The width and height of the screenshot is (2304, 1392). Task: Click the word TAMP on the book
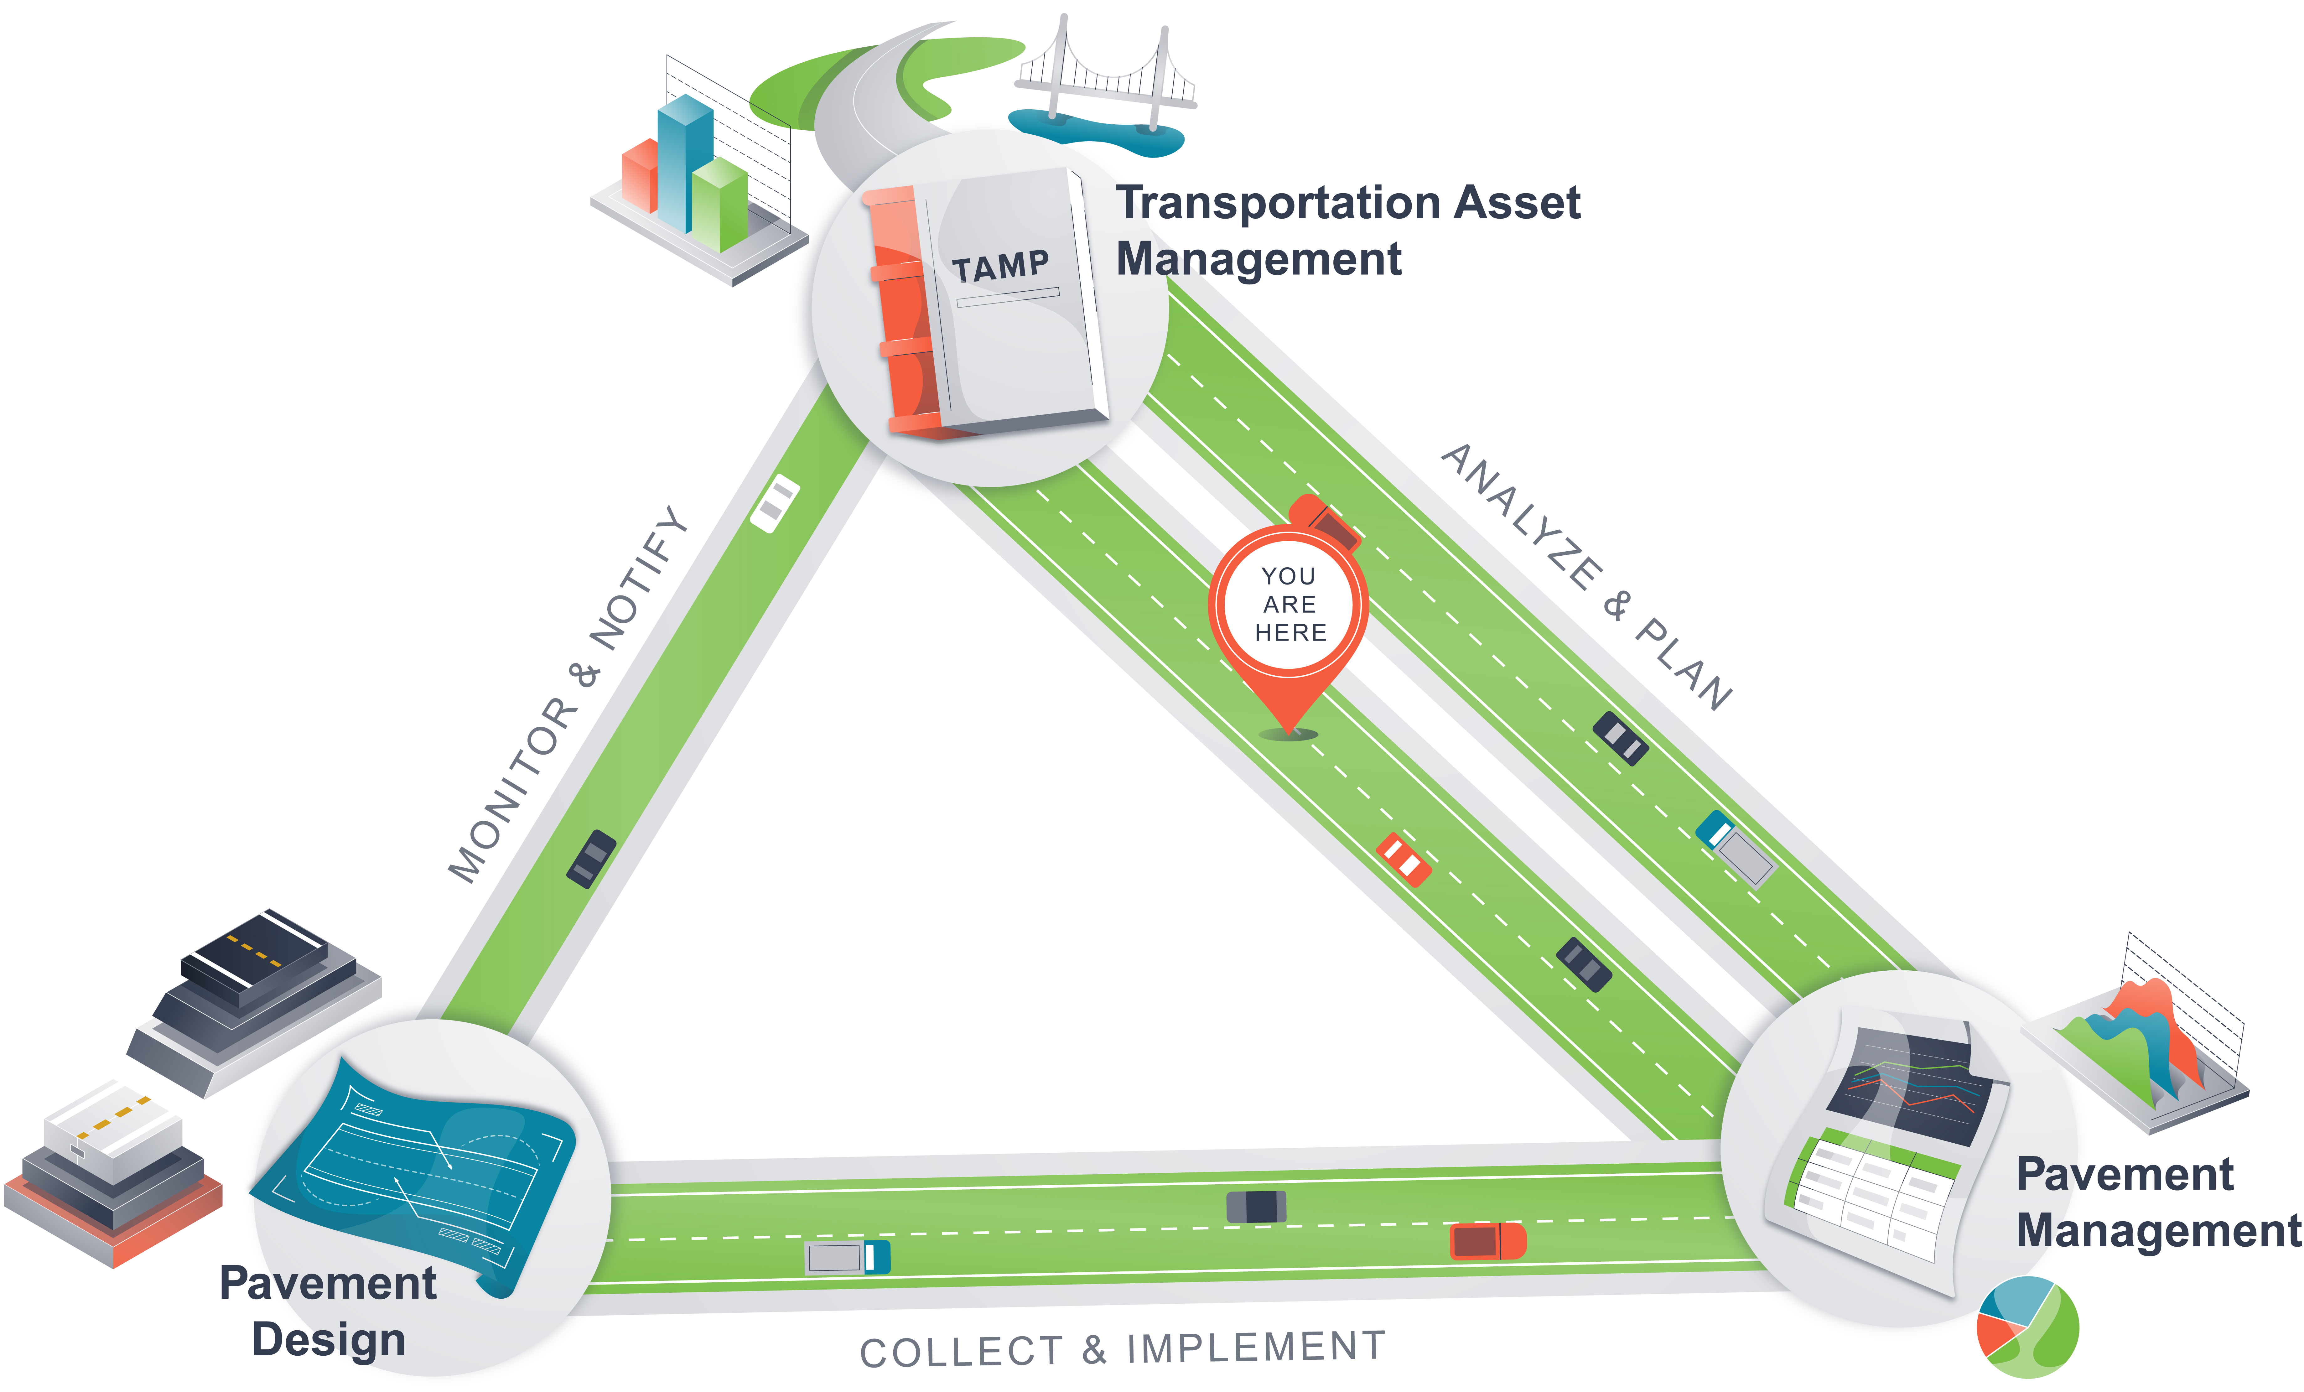tap(1000, 267)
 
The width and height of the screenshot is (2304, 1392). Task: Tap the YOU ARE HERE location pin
tap(1289, 608)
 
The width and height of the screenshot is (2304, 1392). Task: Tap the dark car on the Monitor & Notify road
tap(591, 858)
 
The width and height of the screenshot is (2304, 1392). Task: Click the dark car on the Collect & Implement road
tap(1256, 1206)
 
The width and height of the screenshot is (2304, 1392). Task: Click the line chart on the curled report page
tap(1912, 1089)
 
